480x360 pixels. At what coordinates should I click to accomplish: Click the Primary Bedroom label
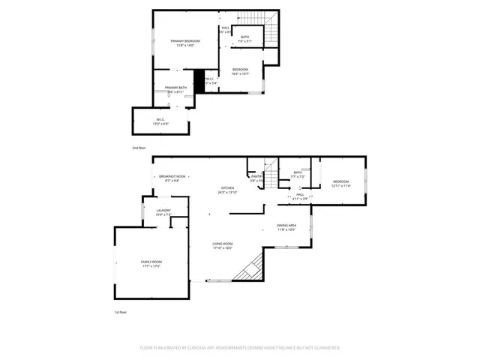point(182,43)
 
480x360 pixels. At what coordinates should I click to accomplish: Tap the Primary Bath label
point(176,88)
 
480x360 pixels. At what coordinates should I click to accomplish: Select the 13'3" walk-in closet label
point(160,121)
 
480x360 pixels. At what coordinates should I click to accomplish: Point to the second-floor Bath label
point(245,38)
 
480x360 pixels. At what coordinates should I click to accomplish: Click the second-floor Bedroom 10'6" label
point(240,71)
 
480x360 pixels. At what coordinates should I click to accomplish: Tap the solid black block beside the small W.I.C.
point(199,81)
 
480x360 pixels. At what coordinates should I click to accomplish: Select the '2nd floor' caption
point(139,148)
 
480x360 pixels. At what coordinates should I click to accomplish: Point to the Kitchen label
point(227,190)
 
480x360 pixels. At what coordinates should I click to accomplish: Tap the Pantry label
point(256,178)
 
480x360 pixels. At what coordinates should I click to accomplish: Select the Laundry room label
point(163,213)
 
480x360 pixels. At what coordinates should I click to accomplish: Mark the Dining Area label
point(286,227)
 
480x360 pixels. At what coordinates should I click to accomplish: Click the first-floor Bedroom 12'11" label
point(341,184)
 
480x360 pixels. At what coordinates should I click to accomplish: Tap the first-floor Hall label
point(298,196)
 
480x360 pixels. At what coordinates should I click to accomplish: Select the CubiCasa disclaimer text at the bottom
point(240,348)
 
